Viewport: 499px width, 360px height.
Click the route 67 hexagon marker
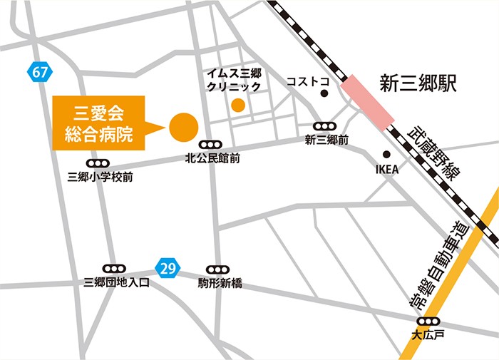pos(40,71)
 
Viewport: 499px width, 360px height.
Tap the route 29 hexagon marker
pos(167,269)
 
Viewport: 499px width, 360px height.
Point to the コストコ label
pos(309,82)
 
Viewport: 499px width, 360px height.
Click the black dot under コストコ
pos(324,93)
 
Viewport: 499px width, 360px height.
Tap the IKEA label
pos(386,170)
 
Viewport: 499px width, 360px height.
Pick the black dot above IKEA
pos(386,154)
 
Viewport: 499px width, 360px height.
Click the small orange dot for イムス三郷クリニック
pos(238,106)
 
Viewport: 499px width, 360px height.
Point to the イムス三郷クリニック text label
pos(233,80)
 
